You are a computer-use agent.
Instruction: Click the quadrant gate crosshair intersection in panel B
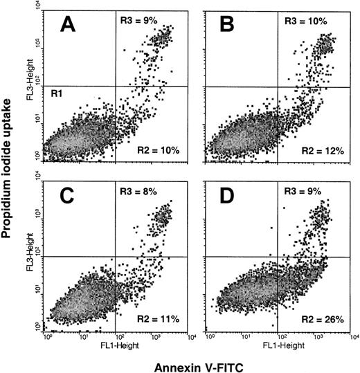(x=278, y=86)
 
